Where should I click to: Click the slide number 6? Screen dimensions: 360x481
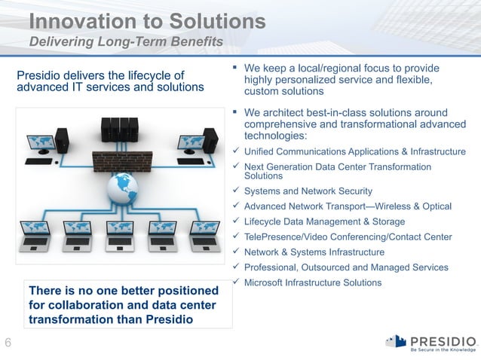pyautogui.click(x=8, y=344)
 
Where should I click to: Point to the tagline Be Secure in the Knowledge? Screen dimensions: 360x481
pyautogui.click(x=442, y=349)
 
